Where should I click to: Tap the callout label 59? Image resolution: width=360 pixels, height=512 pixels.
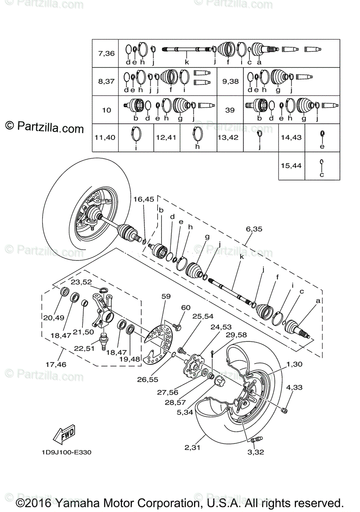coord(166,295)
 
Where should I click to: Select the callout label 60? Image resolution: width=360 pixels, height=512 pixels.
coord(186,308)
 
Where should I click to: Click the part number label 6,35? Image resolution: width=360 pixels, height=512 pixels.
coord(255,229)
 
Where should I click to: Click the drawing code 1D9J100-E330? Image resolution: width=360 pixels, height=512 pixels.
coord(67,452)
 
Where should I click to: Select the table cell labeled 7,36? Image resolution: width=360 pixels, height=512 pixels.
coord(106,54)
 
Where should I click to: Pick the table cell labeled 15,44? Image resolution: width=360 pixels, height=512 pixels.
coord(291,165)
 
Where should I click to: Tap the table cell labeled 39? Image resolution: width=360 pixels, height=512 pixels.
coord(230,110)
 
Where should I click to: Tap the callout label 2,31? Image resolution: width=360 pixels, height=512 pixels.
coord(193,448)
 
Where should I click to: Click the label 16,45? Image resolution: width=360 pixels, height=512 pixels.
coord(143,199)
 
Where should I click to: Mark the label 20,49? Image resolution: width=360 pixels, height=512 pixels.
coord(53,317)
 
